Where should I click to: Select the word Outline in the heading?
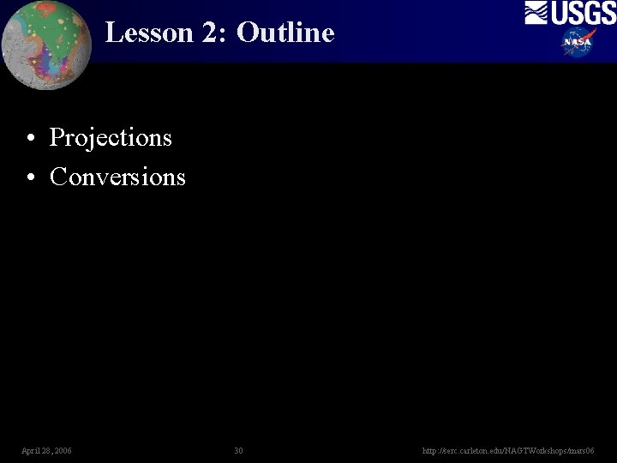tap(285, 33)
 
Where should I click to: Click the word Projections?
tap(111, 138)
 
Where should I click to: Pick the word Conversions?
tap(117, 177)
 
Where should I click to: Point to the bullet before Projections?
tap(30, 139)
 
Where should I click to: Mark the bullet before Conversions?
tap(30, 177)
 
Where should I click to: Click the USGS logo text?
tap(582, 13)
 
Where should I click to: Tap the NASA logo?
tap(578, 41)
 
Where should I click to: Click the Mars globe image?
tap(46, 45)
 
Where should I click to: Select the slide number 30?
tap(238, 451)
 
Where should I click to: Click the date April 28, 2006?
tap(47, 451)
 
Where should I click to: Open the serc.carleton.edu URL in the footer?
tap(508, 451)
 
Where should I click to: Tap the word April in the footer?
tap(30, 451)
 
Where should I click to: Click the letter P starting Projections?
tap(57, 138)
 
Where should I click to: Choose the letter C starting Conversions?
tap(58, 177)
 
